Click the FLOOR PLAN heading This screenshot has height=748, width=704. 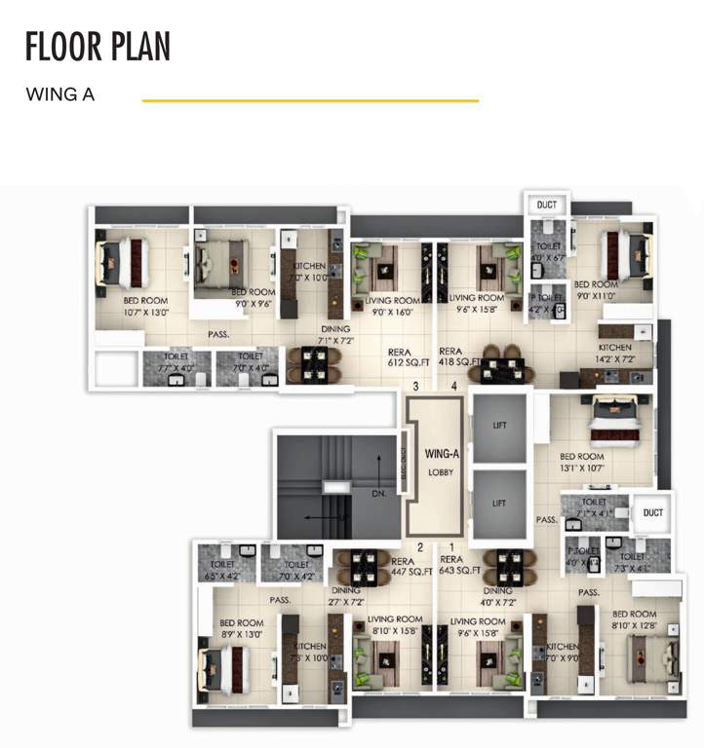click(98, 46)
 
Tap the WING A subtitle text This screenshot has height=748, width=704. click(59, 95)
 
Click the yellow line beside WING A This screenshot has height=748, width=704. click(310, 99)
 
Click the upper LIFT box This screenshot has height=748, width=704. click(498, 426)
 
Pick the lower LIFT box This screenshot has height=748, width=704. click(498, 504)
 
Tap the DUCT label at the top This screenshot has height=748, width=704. click(547, 205)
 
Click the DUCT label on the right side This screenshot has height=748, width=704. click(652, 512)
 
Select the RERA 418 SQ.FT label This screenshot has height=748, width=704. click(459, 356)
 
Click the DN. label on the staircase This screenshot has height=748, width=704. click(379, 494)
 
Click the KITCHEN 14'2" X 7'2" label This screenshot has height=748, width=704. click(614, 354)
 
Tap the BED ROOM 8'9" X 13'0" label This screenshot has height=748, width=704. click(241, 628)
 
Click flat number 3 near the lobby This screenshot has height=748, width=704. click(416, 387)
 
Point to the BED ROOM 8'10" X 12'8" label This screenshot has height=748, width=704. click(636, 619)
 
